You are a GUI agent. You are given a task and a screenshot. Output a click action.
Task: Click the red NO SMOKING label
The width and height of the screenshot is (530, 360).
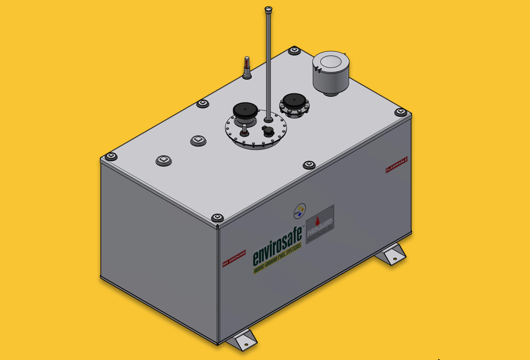point(234,258)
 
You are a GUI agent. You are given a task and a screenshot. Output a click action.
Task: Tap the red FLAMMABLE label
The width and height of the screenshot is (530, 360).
point(396,165)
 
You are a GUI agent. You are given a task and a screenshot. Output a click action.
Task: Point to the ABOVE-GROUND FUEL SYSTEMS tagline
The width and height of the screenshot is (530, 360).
point(277,258)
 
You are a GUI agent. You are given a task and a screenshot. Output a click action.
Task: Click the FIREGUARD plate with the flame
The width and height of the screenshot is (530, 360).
point(320,224)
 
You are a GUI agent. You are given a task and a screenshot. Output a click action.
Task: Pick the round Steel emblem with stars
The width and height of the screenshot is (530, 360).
point(300,211)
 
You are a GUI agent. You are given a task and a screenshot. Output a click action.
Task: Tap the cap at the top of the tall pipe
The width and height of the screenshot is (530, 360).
point(268,9)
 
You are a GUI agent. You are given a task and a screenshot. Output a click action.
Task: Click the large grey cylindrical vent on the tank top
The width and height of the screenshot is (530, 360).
point(331,73)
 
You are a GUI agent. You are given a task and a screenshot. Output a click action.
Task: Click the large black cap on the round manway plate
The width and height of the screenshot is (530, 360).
point(245,110)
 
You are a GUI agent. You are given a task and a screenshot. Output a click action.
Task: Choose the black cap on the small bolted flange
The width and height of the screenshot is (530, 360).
point(294,101)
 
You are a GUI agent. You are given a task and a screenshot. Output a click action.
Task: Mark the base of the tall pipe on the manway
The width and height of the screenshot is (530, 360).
point(268,120)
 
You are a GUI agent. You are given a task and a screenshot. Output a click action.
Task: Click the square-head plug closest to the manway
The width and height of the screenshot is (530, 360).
point(198,140)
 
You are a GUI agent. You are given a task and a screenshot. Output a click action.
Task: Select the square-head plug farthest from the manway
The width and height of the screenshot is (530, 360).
point(164,160)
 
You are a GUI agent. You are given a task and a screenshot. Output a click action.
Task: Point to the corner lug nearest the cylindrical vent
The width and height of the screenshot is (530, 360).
point(294,50)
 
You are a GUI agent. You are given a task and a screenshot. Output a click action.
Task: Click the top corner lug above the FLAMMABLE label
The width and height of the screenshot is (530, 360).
point(400,112)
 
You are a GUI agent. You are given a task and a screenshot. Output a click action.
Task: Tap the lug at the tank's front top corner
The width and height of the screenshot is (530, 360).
point(217,217)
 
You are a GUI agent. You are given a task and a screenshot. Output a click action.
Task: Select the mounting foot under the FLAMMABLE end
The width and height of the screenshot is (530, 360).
point(392,254)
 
